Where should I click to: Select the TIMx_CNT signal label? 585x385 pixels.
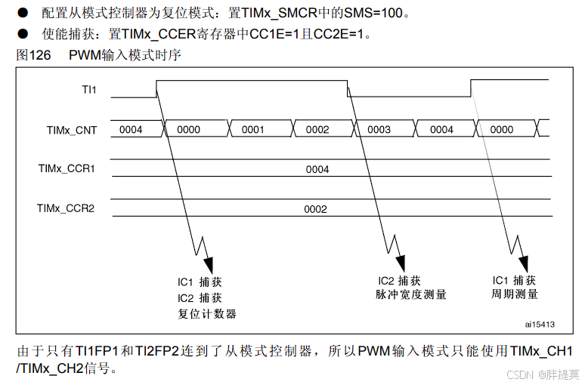pyautogui.click(x=73, y=130)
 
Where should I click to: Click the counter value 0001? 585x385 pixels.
pyautogui.click(x=252, y=130)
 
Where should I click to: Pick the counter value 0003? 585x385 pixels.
pyautogui.click(x=379, y=130)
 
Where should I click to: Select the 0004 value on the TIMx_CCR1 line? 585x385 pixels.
pyautogui.click(x=317, y=170)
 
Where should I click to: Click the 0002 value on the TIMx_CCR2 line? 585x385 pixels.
pyautogui.click(x=315, y=209)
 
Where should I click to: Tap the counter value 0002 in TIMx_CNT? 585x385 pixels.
pyautogui.click(x=317, y=130)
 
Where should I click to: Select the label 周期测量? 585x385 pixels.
pyautogui.click(x=515, y=294)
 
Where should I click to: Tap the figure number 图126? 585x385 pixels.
pyautogui.click(x=32, y=55)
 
